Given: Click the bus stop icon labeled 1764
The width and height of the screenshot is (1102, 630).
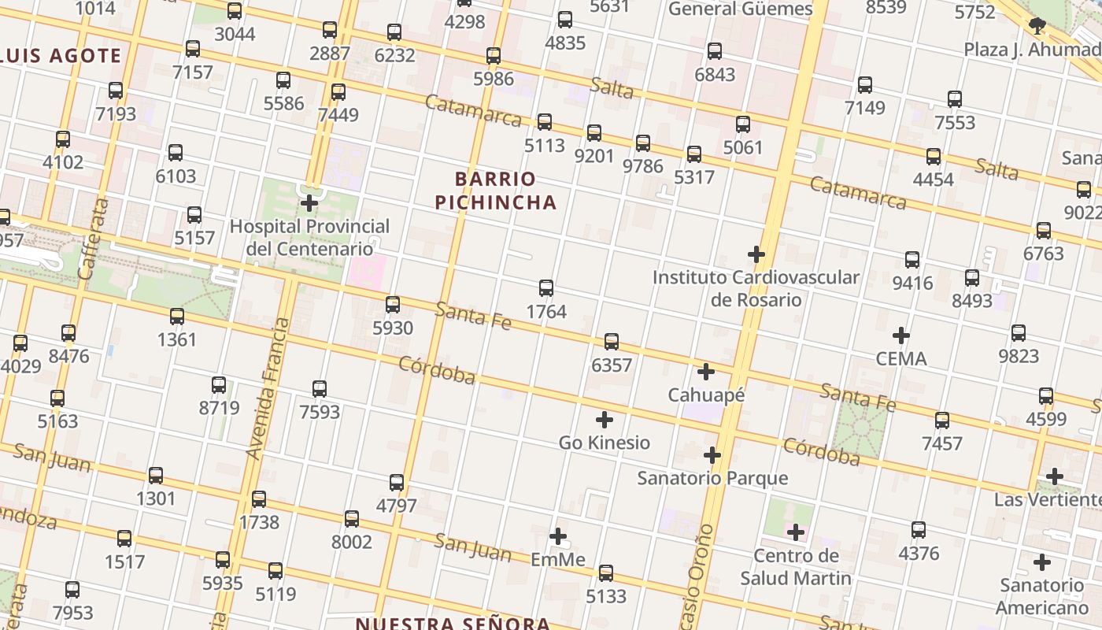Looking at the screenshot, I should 546,288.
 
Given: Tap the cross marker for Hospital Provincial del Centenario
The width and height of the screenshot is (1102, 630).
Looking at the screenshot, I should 309,203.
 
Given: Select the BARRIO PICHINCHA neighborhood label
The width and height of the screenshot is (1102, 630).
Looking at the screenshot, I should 496,191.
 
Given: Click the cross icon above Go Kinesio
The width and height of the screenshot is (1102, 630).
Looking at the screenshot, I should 605,420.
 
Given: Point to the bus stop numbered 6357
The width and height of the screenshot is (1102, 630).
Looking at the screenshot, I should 612,342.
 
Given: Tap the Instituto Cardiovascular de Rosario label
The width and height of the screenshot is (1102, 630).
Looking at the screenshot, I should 756,288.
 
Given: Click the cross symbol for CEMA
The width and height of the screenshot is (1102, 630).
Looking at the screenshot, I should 901,336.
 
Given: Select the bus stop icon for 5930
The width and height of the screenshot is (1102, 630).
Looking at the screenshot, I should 393,305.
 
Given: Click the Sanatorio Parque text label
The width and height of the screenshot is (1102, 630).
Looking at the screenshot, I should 712,478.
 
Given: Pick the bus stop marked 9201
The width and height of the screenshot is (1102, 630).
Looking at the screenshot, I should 594,133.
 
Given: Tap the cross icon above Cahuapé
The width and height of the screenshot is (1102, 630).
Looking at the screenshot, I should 706,372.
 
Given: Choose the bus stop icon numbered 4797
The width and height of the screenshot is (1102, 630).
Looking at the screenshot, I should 397,483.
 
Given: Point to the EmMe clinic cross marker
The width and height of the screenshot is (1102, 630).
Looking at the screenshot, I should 558,537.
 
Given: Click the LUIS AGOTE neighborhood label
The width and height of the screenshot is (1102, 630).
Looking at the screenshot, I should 61,56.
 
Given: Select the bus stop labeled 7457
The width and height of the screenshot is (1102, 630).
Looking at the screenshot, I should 942,421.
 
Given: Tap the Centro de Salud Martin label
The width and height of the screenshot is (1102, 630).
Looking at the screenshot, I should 796,567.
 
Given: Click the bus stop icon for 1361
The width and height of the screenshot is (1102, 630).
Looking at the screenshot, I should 177,317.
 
